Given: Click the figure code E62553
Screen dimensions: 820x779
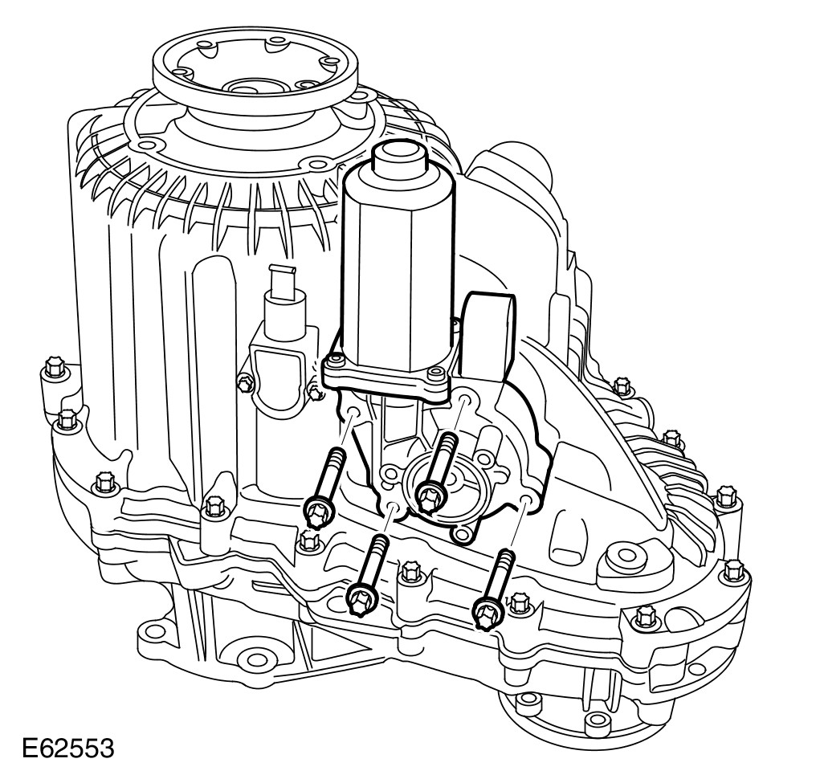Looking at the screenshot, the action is click(x=68, y=748).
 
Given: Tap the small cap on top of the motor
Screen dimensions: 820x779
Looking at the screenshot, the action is click(x=398, y=157).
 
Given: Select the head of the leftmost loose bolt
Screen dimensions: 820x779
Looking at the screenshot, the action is click(x=317, y=512).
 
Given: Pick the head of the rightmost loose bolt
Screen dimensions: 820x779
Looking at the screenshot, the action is click(x=488, y=612).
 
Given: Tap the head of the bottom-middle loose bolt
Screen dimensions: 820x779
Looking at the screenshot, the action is click(x=362, y=601).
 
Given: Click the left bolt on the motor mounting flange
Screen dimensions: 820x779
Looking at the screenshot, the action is click(x=335, y=360).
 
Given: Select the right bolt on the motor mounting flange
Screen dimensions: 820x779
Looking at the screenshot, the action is click(x=433, y=373).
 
